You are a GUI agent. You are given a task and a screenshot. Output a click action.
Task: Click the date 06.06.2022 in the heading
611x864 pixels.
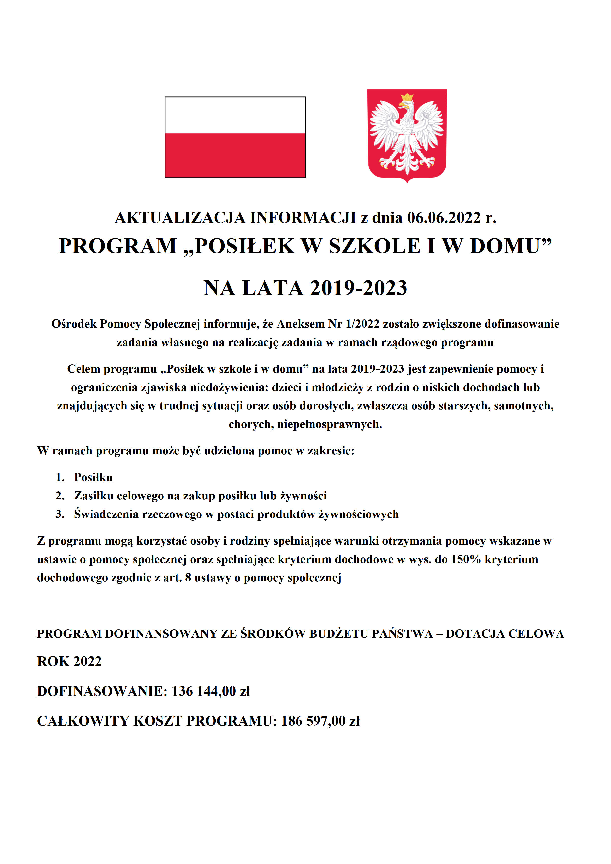tap(444, 218)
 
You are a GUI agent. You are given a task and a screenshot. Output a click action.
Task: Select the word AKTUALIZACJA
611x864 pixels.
tap(180, 218)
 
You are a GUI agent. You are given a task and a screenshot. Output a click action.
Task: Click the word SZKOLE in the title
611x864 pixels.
tap(374, 247)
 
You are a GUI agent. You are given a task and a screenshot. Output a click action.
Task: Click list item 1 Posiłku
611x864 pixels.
tap(93, 477)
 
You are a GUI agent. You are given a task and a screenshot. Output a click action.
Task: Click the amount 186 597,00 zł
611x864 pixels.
tap(320, 721)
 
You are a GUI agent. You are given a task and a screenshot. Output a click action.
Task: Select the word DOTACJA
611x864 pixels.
tap(475, 634)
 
